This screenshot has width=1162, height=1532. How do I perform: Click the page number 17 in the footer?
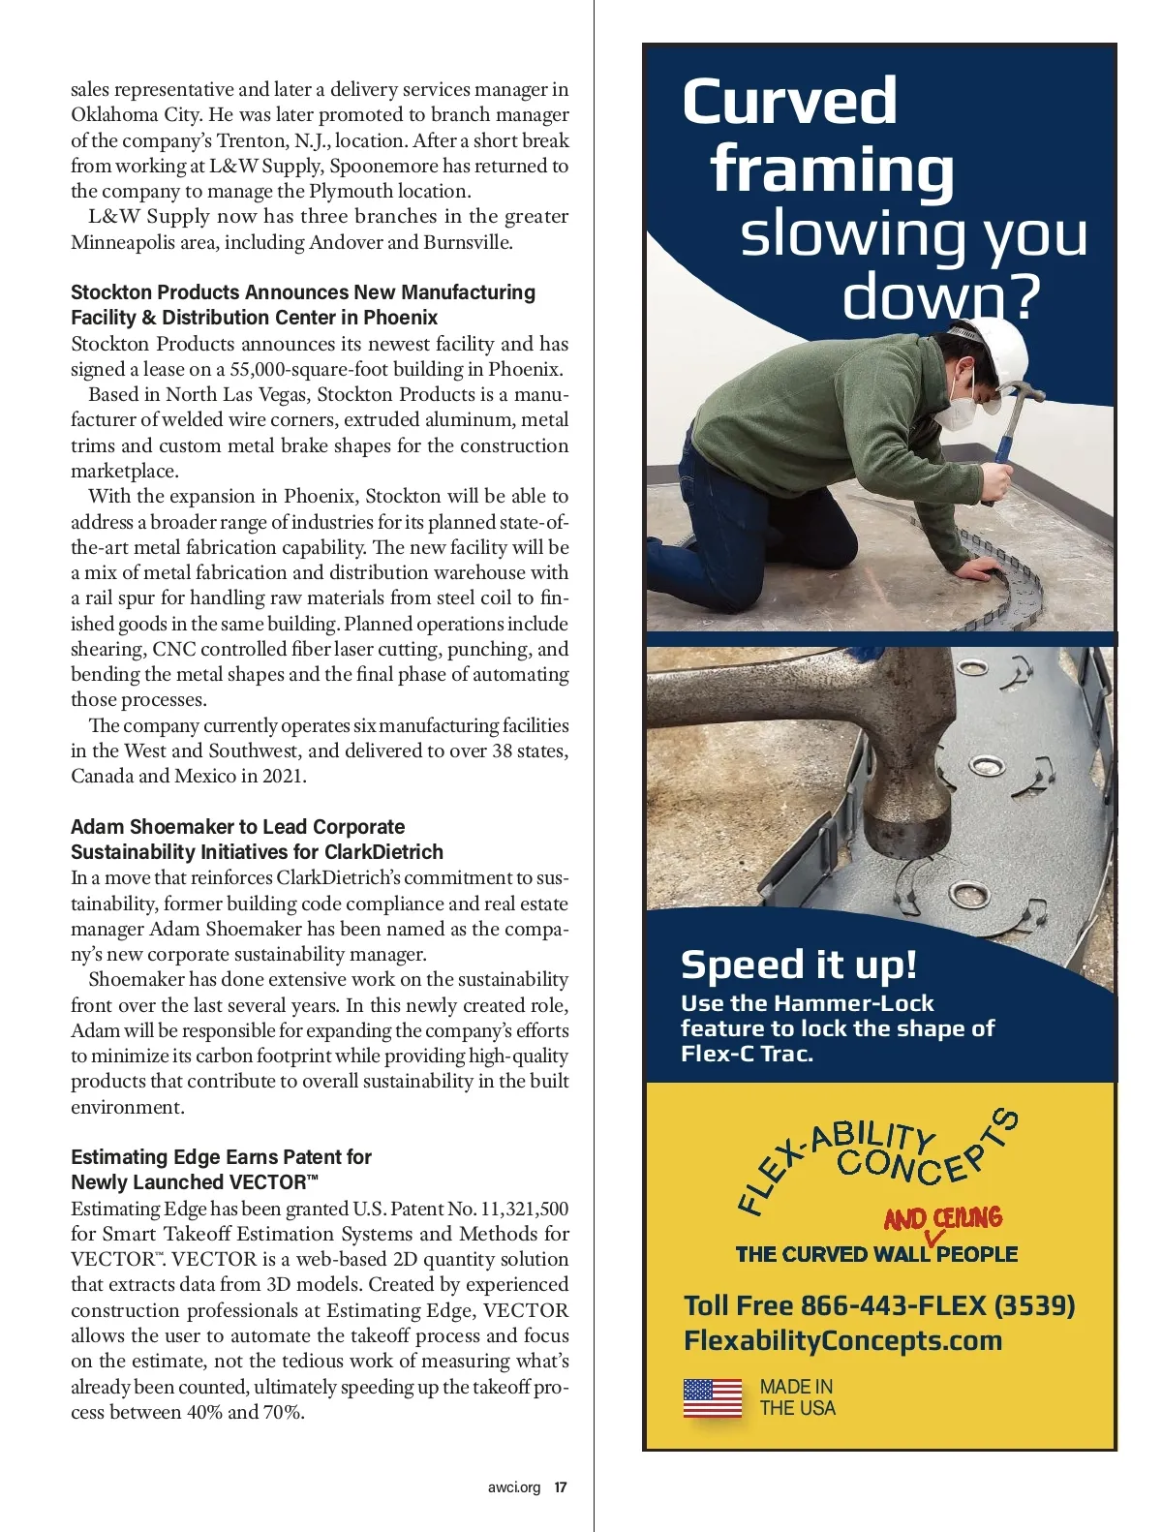(561, 1487)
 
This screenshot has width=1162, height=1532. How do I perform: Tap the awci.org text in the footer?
(514, 1487)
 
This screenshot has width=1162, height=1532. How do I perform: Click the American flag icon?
(713, 1398)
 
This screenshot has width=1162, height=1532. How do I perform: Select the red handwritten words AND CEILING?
(942, 1218)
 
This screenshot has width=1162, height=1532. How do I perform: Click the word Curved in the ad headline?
(789, 102)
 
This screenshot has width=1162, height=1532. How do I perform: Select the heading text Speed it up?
(798, 965)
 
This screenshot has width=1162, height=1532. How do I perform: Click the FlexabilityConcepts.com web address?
(842, 1340)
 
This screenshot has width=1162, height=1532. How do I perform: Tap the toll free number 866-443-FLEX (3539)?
(937, 1305)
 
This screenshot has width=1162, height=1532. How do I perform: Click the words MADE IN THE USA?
(797, 1397)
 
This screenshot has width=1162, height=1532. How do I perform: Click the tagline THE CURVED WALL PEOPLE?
(876, 1254)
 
